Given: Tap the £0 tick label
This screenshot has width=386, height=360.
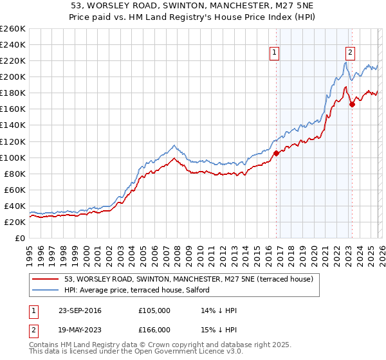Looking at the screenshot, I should [x=19, y=238].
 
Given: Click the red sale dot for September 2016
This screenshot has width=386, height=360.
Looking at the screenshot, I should [x=276, y=153].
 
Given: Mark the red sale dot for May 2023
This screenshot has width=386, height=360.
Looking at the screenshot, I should [x=352, y=104].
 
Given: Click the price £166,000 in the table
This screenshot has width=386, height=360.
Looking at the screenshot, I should [x=154, y=329].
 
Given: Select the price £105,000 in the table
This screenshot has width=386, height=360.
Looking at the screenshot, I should [x=154, y=310].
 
